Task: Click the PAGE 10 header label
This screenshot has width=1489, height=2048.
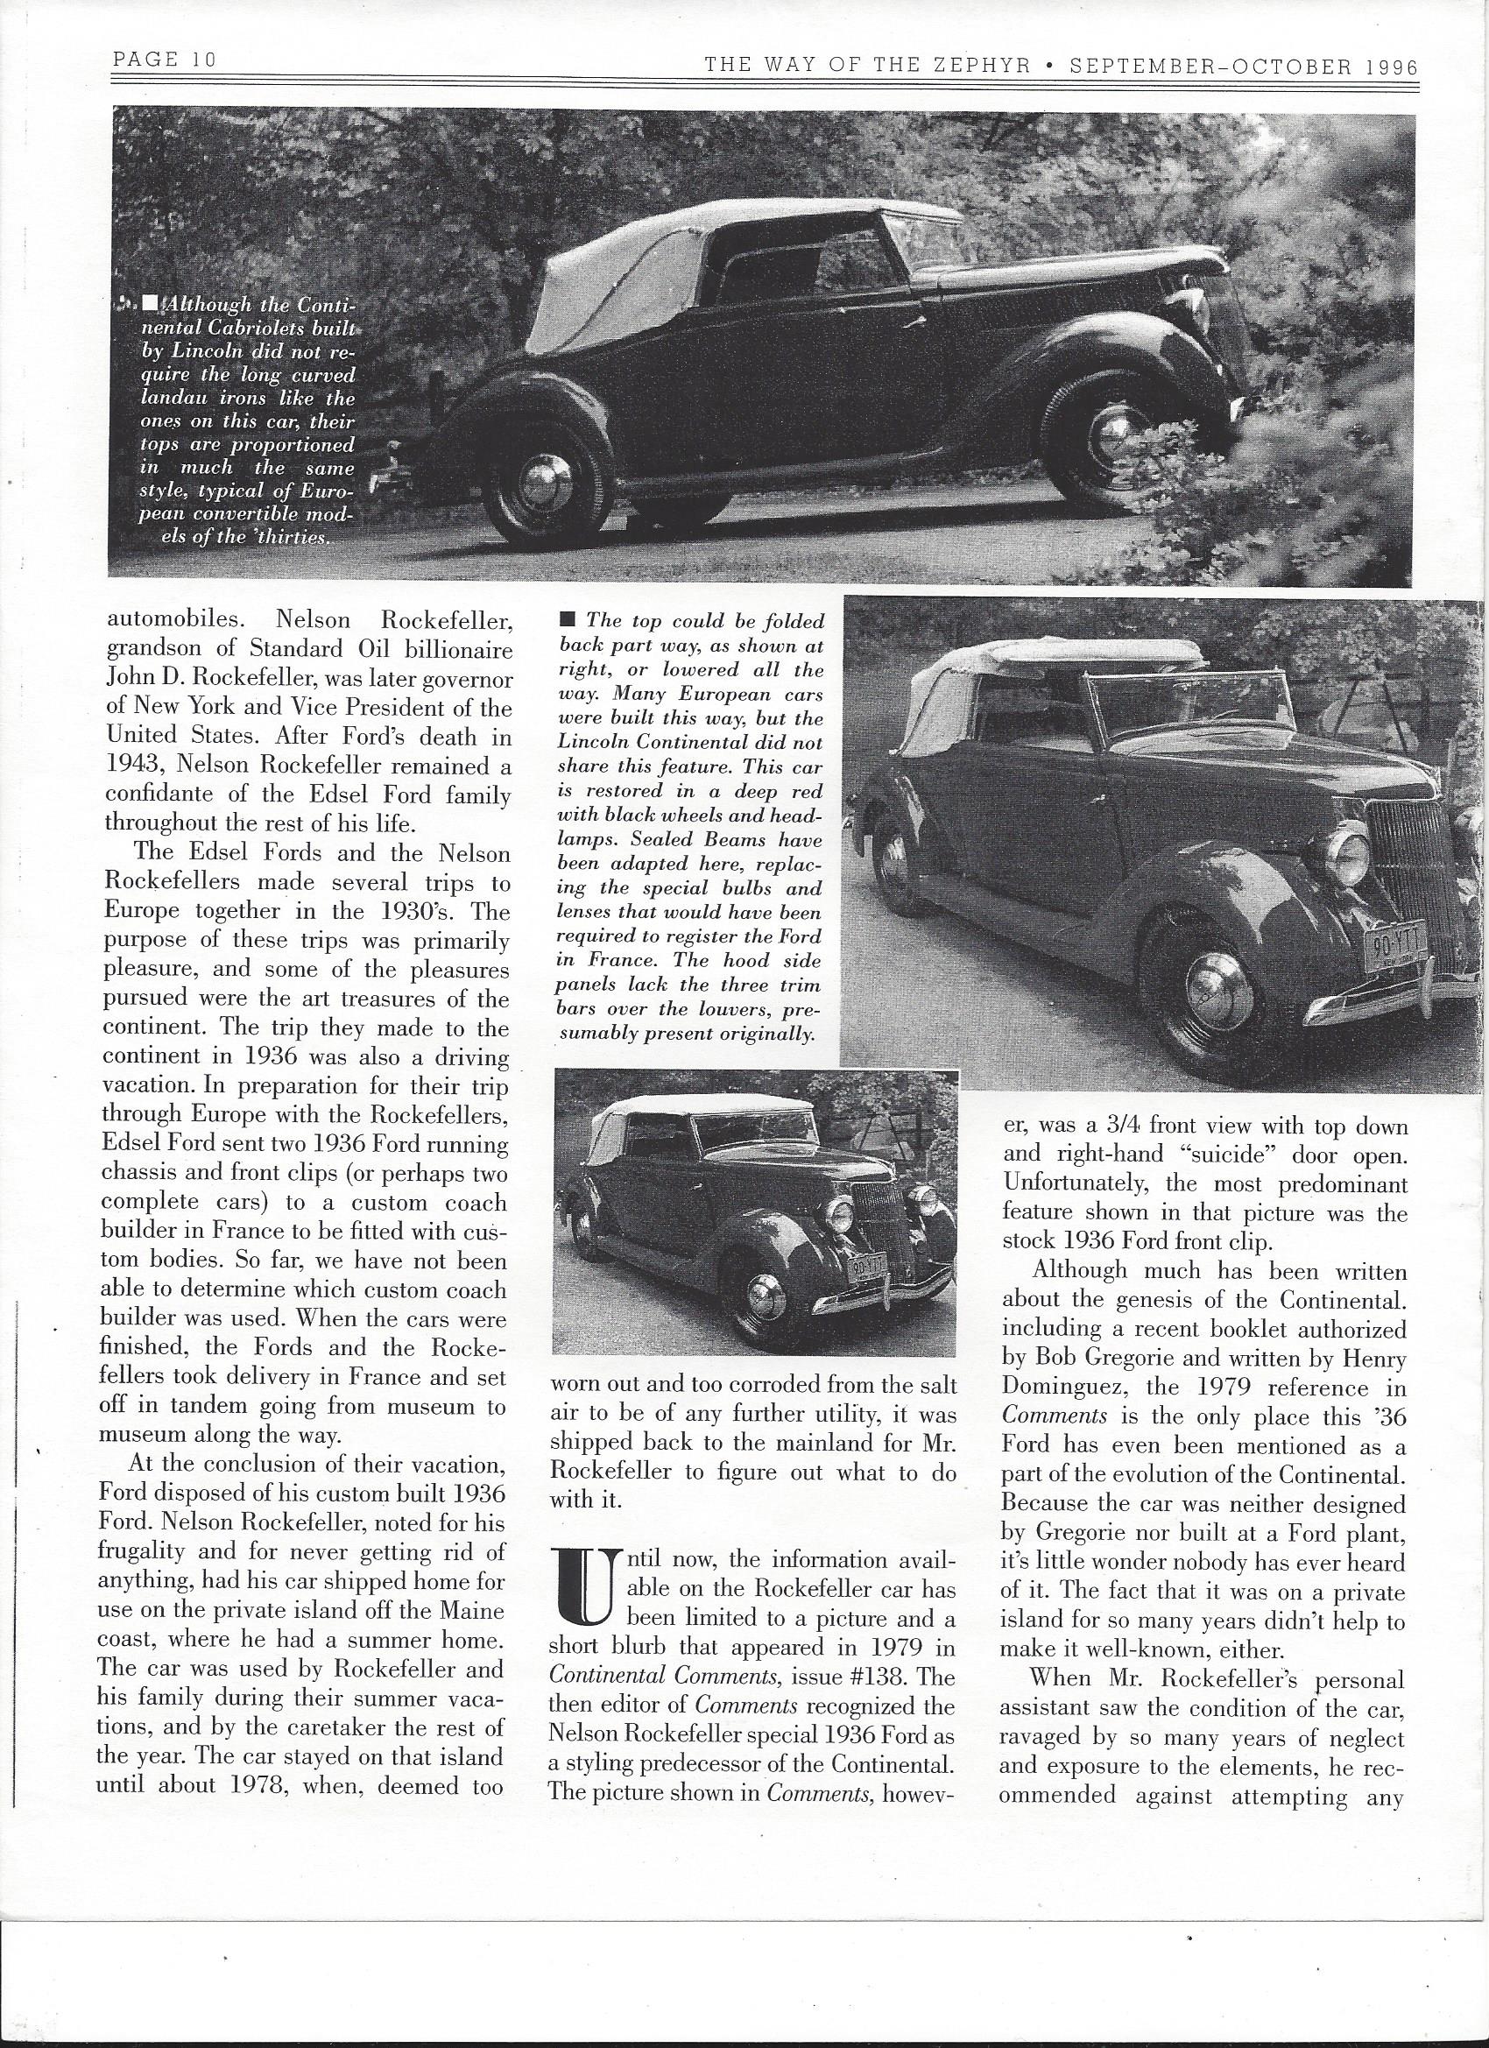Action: click(165, 60)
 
